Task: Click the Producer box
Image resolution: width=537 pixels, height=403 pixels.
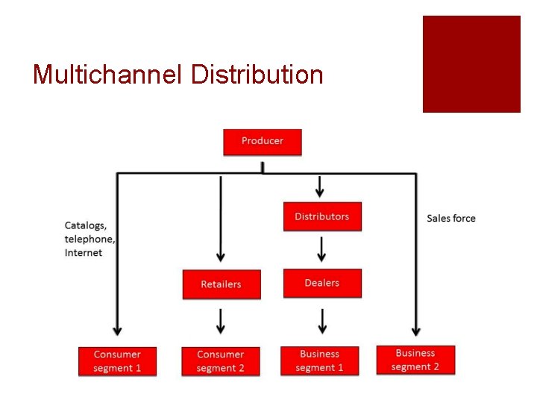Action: pos(263,142)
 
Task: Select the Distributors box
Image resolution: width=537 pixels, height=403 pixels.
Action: pos(322,216)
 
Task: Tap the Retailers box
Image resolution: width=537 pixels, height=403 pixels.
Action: pos(222,284)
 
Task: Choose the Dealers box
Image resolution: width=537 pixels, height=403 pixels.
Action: pos(322,284)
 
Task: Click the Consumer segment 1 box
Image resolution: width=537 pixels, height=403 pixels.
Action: pos(117,361)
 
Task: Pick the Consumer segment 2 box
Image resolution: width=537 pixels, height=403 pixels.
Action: pos(221,361)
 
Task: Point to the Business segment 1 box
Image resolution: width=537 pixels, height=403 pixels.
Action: pos(320,360)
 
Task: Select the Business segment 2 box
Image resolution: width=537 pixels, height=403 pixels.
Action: pos(415,360)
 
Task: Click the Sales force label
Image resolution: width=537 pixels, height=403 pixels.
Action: pos(451,219)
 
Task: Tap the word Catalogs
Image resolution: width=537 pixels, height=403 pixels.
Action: pos(85,225)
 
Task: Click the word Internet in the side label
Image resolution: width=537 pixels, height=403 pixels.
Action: pos(84,253)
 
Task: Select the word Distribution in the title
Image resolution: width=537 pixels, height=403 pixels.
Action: pos(257,75)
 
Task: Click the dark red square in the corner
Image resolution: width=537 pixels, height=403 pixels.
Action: pos(471,64)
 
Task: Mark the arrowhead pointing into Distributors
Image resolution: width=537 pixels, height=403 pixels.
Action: pos(320,193)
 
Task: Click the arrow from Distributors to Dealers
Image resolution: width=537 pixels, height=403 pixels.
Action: pos(321,250)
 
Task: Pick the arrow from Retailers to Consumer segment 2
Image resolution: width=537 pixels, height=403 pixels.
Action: pos(221,321)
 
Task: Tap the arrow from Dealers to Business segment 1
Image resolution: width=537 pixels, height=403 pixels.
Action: pos(322,321)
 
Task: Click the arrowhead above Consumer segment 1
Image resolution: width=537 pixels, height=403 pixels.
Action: pos(117,330)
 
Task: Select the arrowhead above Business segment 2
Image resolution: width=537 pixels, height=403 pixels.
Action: pos(416,330)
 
